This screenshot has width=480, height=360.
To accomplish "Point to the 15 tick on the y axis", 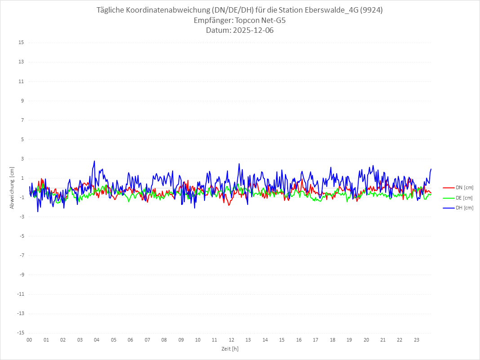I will [21, 43].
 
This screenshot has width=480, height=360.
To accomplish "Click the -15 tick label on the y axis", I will [20, 333].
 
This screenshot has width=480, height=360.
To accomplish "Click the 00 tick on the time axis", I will [29, 340].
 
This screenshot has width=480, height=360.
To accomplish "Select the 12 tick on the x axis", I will [231, 340].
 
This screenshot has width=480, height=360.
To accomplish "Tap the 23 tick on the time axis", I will [417, 340].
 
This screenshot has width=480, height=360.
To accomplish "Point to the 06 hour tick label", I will [130, 340].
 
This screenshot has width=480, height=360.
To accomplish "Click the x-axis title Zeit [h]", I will [230, 349].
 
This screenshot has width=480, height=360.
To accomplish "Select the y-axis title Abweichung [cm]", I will [12, 187].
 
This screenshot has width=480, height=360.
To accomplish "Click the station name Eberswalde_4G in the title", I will [332, 10].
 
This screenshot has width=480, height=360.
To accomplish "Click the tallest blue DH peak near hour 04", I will [94, 161].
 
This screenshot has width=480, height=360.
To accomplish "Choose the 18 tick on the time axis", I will [333, 340].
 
